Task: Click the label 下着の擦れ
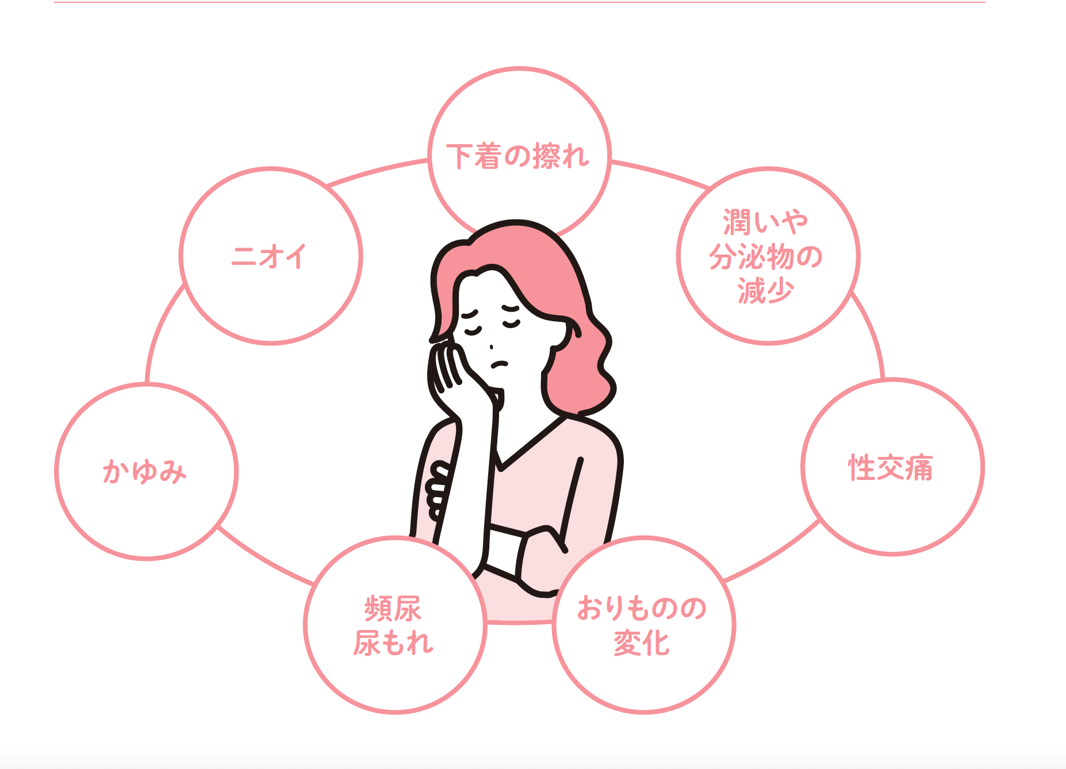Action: click(518, 156)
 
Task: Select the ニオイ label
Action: click(269, 256)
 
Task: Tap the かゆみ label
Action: click(145, 471)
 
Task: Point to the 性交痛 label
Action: click(891, 467)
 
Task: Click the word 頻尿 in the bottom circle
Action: click(393, 609)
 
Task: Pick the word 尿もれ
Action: click(393, 643)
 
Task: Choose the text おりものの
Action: click(642, 608)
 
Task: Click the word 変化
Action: click(642, 643)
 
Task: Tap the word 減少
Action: click(766, 291)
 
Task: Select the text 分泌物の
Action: click(766, 256)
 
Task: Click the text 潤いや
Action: click(766, 222)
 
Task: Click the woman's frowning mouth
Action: click(499, 364)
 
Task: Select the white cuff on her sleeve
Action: click(503, 549)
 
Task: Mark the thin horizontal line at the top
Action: click(517, 2)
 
